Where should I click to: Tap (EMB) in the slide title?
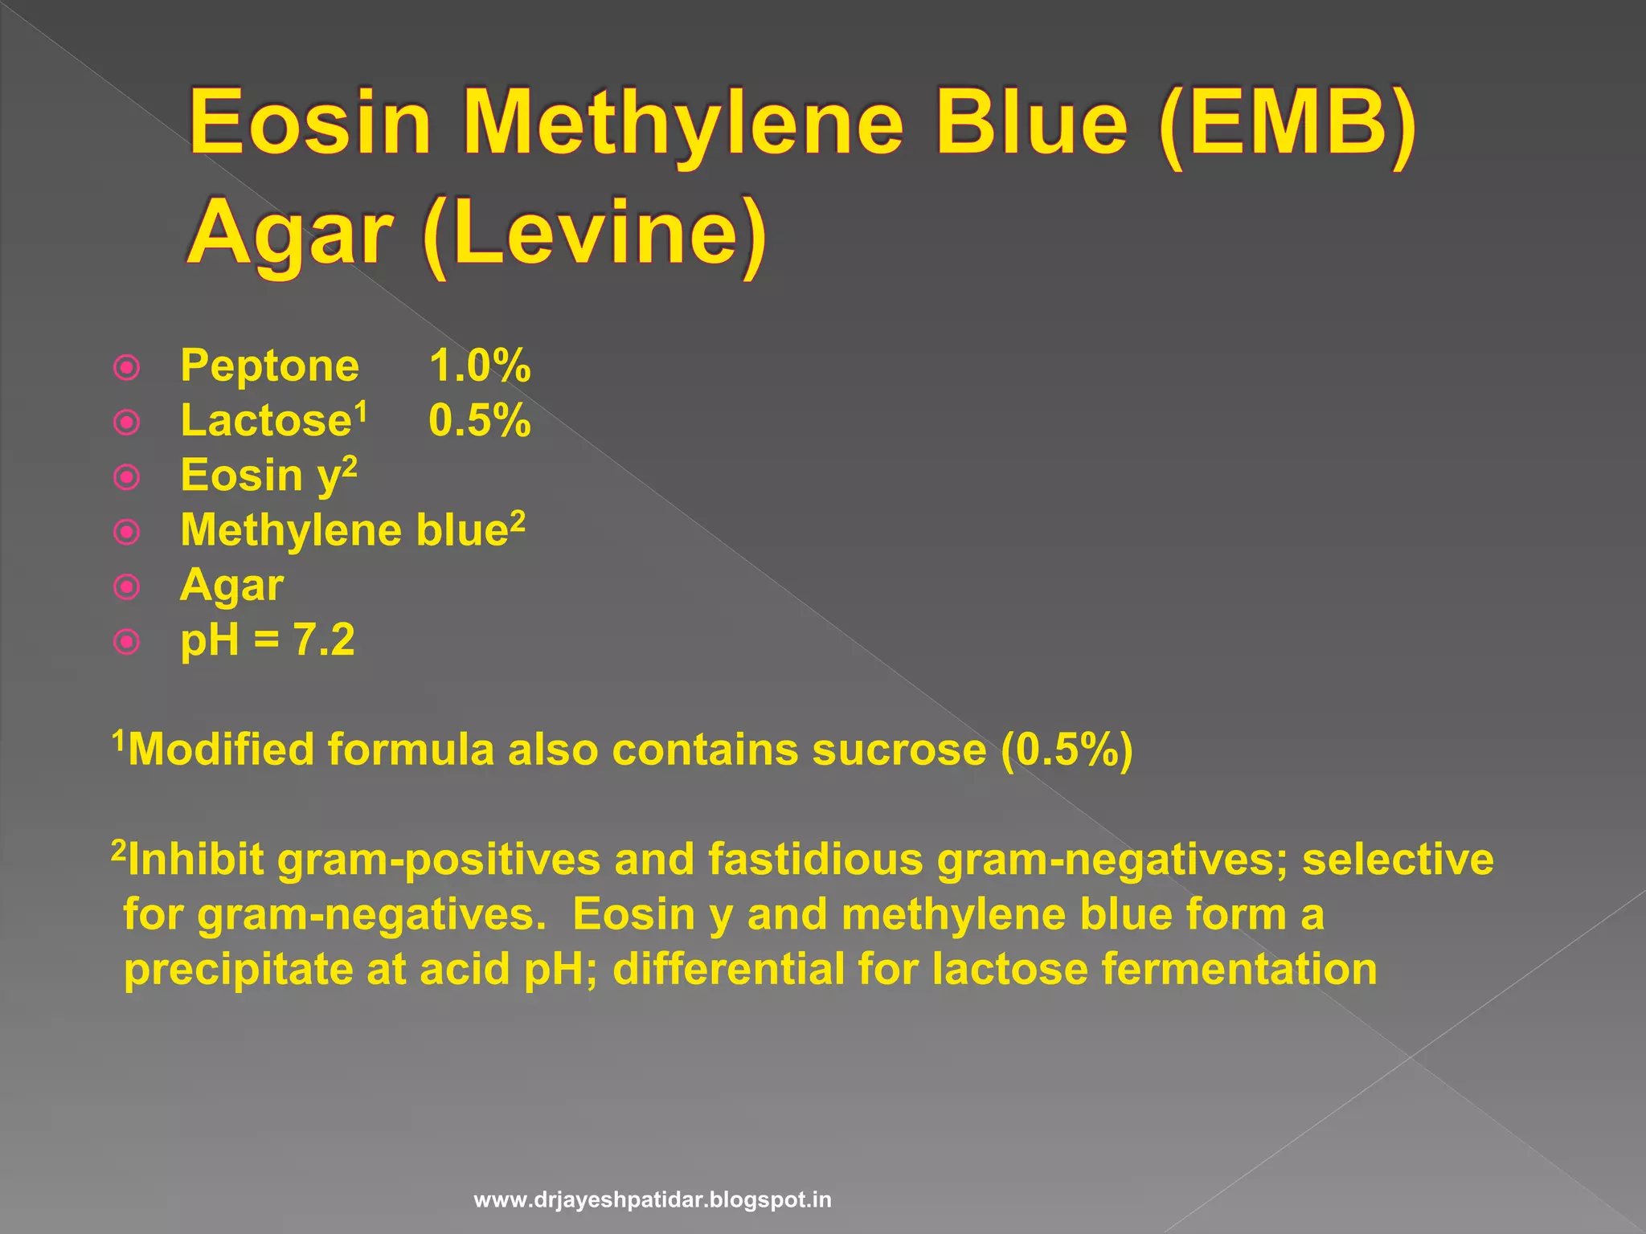1288,125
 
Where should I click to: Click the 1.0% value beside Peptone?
480,366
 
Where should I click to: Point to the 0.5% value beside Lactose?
480,421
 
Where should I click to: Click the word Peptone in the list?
270,367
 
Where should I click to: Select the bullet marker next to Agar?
127,587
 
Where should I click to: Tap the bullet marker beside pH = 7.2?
127,642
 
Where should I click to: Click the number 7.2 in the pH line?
324,640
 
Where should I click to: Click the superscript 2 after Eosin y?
350,466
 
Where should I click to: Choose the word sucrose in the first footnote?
899,750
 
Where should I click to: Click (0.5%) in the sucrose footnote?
1067,750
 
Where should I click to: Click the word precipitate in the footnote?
238,970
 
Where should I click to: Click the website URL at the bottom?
653,1200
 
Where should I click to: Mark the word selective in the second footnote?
1398,860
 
